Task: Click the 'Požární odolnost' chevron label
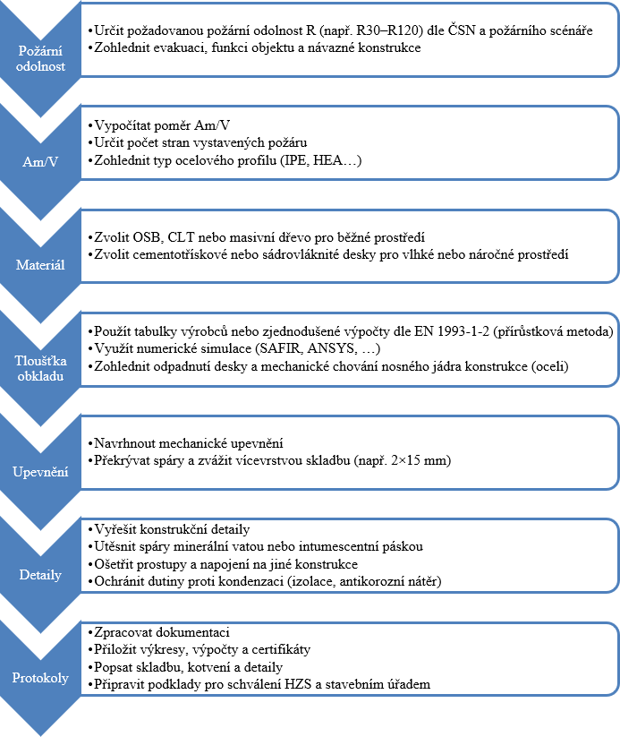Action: coord(41,58)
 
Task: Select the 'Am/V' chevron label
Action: coord(41,162)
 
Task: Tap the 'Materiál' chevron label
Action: coord(41,265)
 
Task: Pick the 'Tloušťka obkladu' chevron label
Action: coord(41,369)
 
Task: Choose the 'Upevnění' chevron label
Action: coord(41,471)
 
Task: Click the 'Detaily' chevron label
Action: coord(41,574)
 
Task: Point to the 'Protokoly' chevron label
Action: coord(41,678)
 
